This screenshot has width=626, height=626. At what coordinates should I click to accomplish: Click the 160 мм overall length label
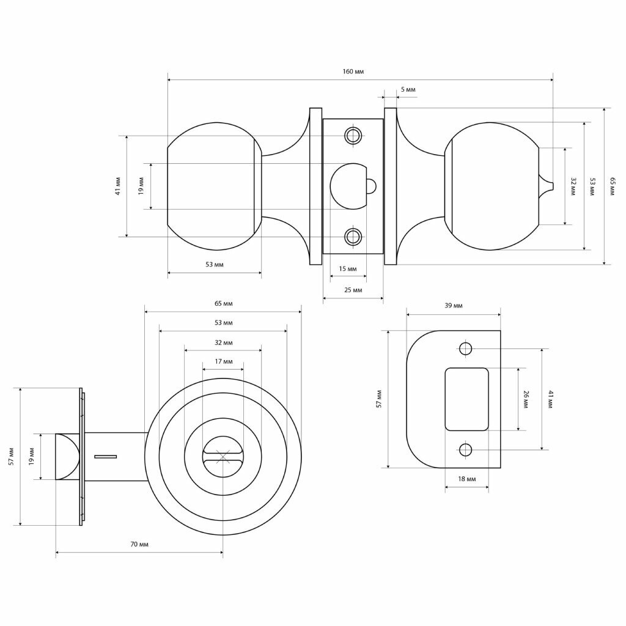click(x=353, y=72)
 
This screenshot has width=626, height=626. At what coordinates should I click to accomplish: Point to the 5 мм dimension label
click(x=408, y=90)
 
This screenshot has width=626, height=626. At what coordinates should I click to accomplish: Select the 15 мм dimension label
click(x=347, y=269)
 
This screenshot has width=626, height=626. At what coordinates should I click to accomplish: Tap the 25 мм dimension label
click(x=353, y=290)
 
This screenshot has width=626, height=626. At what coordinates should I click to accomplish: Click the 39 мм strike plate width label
click(x=453, y=306)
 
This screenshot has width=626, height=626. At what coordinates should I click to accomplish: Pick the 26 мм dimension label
click(x=525, y=399)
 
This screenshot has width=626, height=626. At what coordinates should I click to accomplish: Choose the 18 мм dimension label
click(x=466, y=479)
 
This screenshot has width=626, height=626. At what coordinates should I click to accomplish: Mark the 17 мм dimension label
click(x=223, y=362)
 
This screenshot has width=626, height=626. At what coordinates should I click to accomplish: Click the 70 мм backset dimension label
click(x=139, y=545)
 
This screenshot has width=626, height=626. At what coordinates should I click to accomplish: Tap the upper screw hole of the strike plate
click(x=466, y=349)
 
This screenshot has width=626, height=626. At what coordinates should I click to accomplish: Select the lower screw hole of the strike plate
click(x=466, y=451)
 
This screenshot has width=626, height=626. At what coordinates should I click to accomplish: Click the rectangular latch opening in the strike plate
click(x=466, y=399)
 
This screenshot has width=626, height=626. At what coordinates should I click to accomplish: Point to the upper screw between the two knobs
click(x=353, y=136)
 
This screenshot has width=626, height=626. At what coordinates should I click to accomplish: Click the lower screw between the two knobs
click(x=353, y=237)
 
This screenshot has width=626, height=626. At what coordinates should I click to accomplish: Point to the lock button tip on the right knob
click(x=547, y=183)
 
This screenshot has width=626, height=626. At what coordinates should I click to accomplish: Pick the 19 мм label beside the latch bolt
click(x=32, y=456)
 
